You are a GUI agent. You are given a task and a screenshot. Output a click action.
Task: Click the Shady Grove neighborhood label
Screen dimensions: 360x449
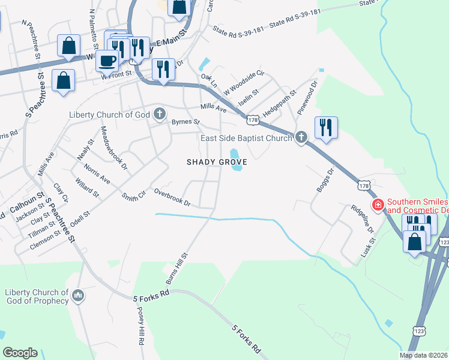point(217,162)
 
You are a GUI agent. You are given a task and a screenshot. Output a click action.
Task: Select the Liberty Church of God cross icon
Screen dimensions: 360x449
point(159,114)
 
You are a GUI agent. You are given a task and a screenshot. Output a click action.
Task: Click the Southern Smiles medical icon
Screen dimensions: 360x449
point(379,206)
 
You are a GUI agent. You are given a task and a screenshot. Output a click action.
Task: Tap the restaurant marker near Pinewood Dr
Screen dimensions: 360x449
point(326,127)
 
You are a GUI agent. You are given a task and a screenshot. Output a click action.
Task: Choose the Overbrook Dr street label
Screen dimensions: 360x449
point(172,197)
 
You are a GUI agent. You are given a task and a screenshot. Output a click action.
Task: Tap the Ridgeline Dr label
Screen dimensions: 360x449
point(363,220)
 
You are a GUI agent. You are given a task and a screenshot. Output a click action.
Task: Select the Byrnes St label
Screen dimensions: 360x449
point(185,122)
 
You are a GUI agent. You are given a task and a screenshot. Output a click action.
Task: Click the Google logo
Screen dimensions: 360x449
point(20,353)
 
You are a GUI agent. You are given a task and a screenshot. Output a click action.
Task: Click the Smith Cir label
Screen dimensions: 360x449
point(133,196)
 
